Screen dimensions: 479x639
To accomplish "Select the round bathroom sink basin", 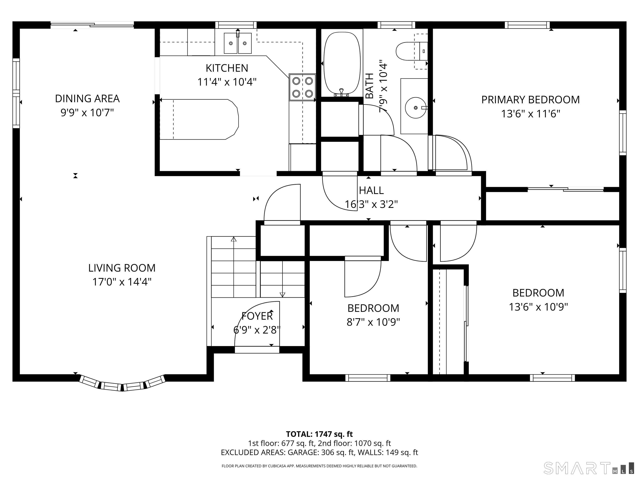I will [415, 108].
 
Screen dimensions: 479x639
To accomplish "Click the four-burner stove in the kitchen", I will [302, 87].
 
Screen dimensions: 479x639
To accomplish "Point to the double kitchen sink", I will [238, 43].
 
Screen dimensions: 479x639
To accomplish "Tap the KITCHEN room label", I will [227, 68].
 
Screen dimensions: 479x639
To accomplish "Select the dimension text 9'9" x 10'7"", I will [87, 113].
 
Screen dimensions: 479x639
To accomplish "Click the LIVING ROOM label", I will [122, 268].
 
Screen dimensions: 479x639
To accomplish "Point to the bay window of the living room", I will [122, 383].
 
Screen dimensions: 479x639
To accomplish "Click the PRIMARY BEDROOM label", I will [530, 100].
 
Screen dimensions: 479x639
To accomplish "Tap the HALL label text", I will [371, 190].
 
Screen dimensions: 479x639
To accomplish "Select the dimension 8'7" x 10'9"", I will [373, 322].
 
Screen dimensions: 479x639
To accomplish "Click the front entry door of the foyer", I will [257, 350].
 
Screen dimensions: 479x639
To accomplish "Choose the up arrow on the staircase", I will [234, 239].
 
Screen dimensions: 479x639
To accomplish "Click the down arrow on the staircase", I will [282, 295].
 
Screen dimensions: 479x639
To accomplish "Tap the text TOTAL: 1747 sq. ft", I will [319, 434].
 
